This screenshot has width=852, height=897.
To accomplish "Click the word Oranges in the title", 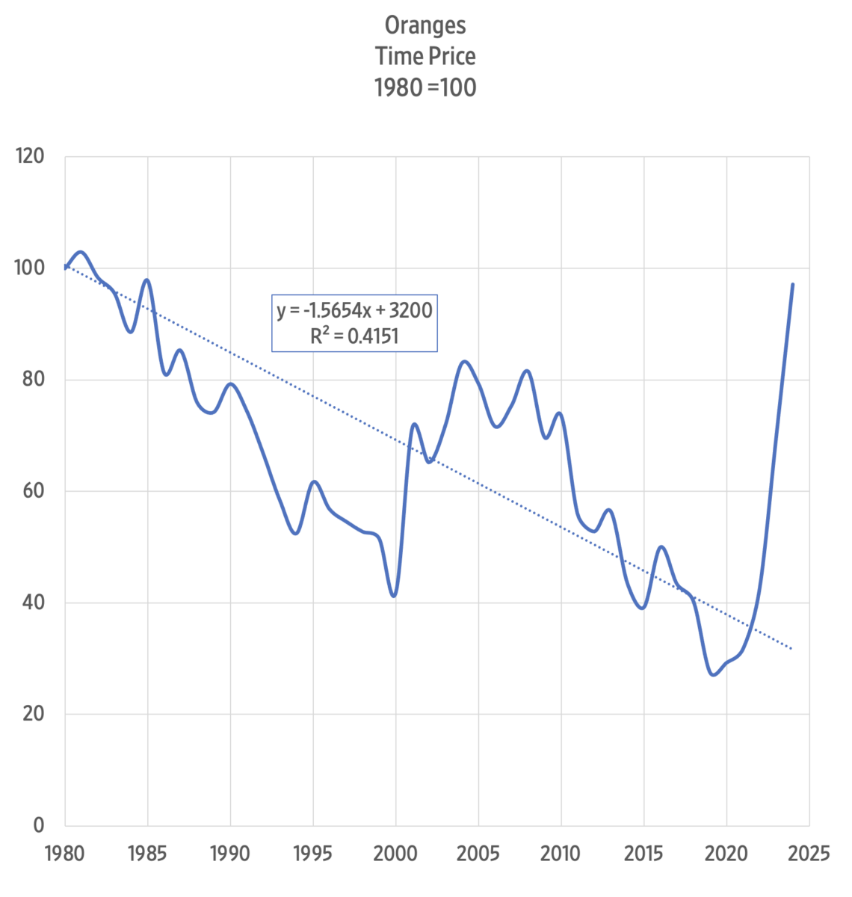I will [x=425, y=25].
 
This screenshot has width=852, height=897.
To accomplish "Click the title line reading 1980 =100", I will [x=425, y=87].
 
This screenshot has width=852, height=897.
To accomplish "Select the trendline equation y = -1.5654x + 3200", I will [x=354, y=309].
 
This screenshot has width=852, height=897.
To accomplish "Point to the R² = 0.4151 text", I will [x=354, y=336].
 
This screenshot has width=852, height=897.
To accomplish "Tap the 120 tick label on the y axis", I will [x=29, y=156].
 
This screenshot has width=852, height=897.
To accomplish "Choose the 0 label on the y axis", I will [x=39, y=825].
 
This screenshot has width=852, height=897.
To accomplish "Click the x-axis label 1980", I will [x=65, y=854].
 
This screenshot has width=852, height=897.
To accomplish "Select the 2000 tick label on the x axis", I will [x=396, y=854].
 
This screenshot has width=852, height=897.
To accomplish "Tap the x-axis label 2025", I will [x=809, y=854].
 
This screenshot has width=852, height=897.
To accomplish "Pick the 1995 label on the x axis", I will [x=313, y=854].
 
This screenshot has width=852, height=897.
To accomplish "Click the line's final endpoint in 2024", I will [x=793, y=284].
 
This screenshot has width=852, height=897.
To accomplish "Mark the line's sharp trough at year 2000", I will [x=394, y=596].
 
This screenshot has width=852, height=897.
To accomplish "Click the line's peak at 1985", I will [x=147, y=280].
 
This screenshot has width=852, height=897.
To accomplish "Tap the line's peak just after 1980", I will [x=80, y=252].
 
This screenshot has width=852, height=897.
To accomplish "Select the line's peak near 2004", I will [x=465, y=362].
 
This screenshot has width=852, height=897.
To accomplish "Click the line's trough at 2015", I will [x=642, y=608].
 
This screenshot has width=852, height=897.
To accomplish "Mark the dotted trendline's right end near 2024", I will [x=792, y=649].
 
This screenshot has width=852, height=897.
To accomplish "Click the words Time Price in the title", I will [x=425, y=56].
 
